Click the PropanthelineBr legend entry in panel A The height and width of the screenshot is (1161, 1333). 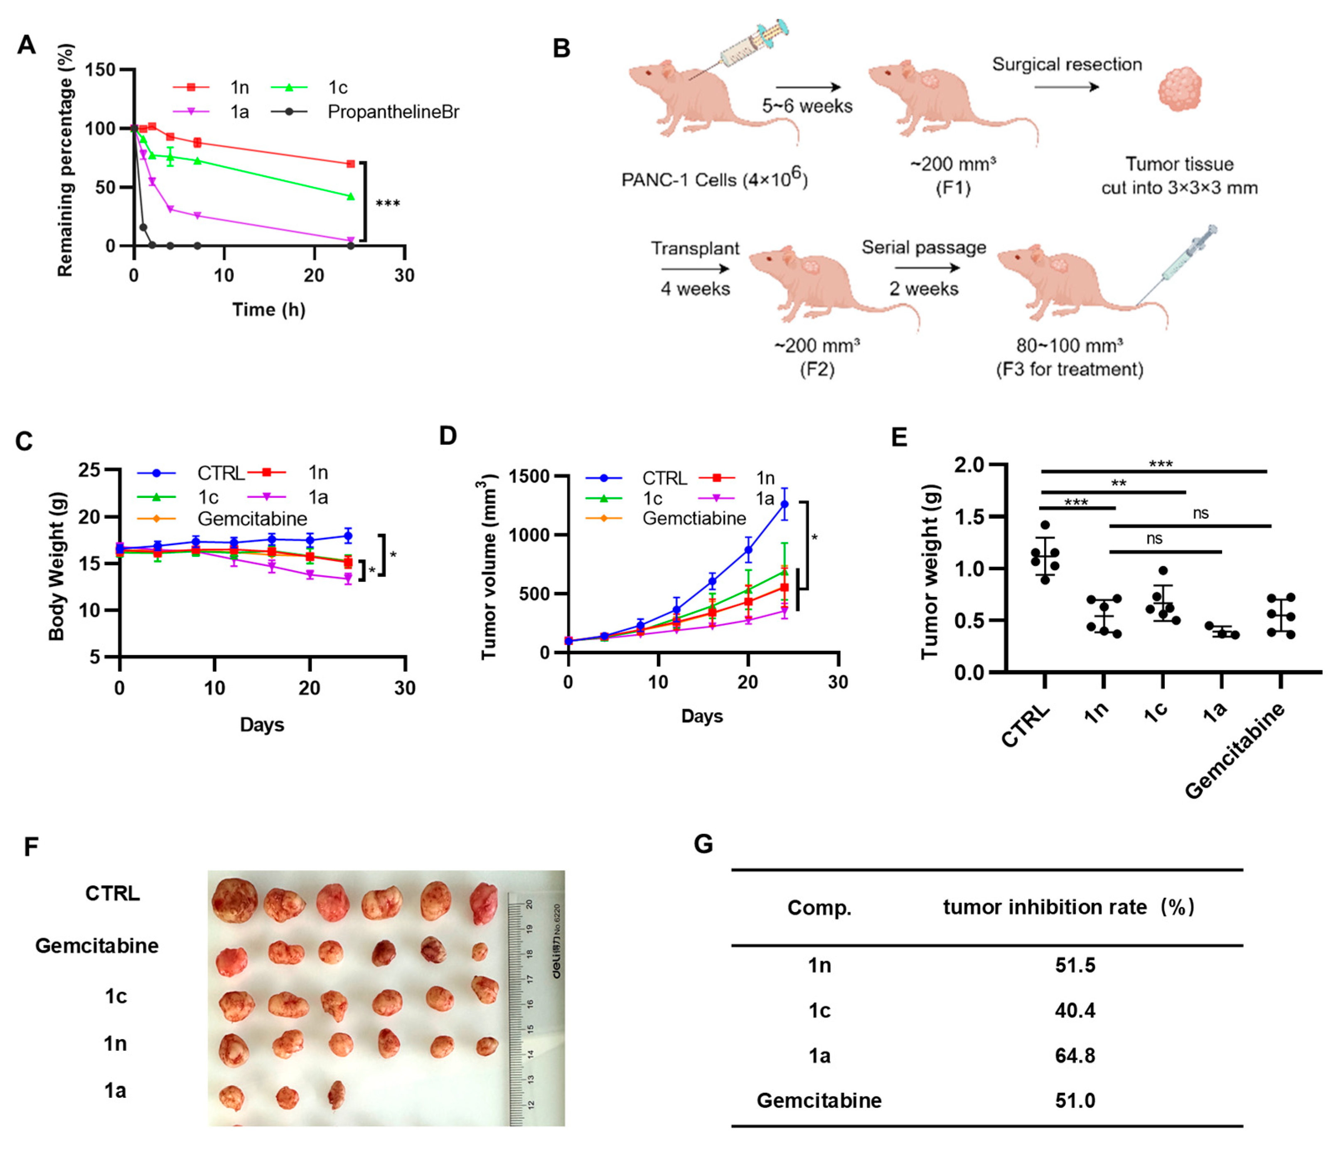[393, 112]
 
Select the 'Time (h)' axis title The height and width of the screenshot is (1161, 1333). [269, 310]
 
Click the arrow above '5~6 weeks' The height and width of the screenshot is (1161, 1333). [808, 87]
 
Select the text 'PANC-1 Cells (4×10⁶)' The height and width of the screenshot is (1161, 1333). [714, 178]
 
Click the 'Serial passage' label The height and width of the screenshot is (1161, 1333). [924, 247]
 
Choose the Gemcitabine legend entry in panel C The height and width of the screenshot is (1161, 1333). [252, 519]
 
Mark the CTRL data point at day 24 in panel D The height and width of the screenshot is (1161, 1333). [785, 504]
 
